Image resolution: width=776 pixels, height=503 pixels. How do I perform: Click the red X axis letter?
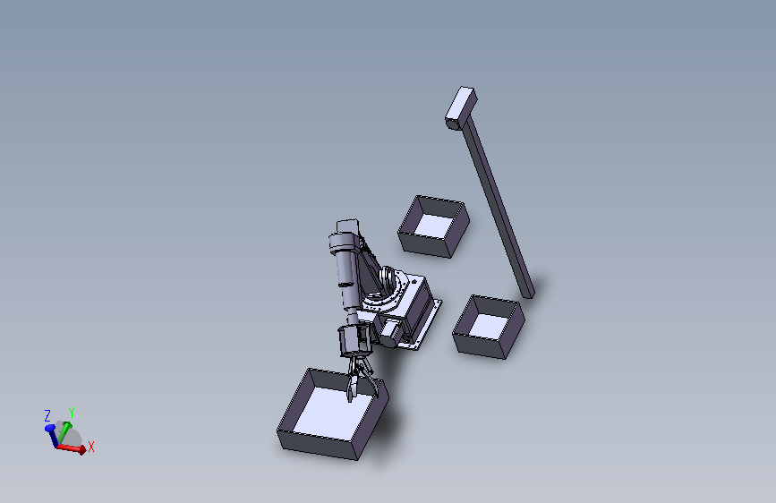pos(90,447)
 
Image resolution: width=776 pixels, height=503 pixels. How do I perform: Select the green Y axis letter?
pos(72,413)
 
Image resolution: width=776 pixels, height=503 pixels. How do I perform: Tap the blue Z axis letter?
pos(47,415)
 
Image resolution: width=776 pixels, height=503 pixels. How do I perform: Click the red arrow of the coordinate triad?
pos(72,448)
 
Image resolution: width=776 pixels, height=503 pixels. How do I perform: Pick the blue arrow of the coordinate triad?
pos(52,435)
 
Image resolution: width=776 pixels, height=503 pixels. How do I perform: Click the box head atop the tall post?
pos(461,108)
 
